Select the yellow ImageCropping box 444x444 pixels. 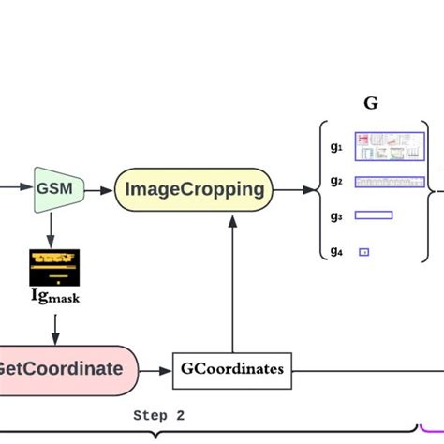point(194,189)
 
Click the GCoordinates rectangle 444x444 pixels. point(229,368)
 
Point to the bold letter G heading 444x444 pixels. point(371,104)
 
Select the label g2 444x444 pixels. point(336,181)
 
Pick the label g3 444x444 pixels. point(336,215)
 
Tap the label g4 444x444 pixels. point(336,250)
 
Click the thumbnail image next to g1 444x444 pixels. point(390,145)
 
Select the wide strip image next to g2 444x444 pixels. point(390,181)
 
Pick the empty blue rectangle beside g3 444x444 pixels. point(373,215)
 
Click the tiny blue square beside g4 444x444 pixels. point(364,251)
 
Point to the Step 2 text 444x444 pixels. point(159,415)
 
